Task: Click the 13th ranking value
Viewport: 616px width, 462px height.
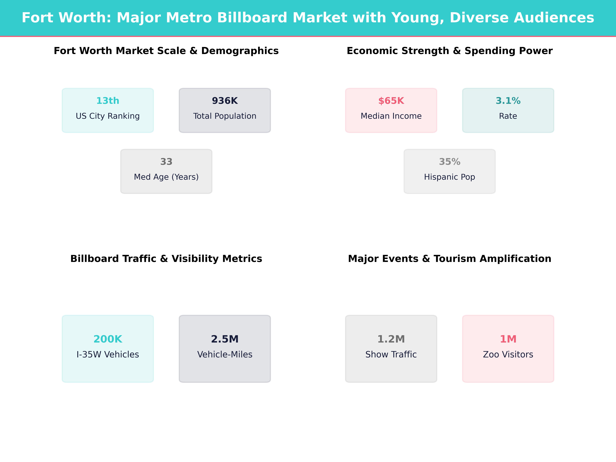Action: point(108,101)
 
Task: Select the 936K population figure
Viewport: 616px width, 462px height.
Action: point(225,101)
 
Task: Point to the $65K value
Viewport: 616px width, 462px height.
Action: point(391,101)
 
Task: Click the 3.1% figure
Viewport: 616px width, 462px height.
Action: point(508,101)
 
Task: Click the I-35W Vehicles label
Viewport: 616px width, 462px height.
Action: point(108,354)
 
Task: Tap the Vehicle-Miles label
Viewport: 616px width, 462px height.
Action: point(225,354)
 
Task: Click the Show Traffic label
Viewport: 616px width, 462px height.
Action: point(391,354)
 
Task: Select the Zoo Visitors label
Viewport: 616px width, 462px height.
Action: point(508,354)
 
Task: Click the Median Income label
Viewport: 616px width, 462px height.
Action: point(391,116)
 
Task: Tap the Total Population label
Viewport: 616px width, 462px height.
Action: point(225,116)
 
